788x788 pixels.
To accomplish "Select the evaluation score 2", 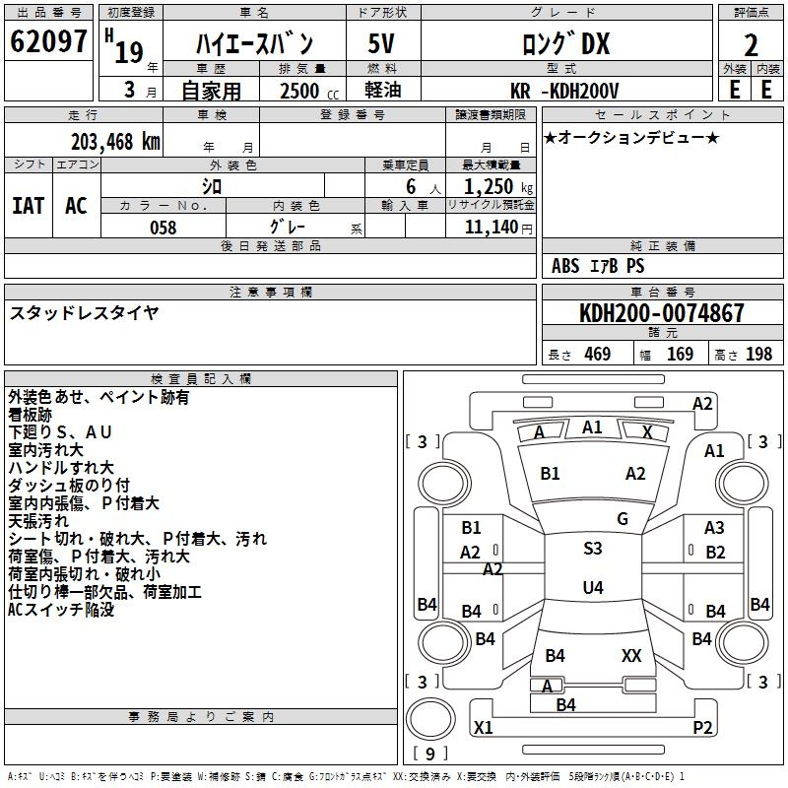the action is pyautogui.click(x=751, y=45).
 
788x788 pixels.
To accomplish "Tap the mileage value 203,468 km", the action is pyautogui.click(x=115, y=141).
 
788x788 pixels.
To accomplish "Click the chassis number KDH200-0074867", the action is pyautogui.click(x=661, y=313).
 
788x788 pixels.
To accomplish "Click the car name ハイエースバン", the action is pyautogui.click(x=254, y=44).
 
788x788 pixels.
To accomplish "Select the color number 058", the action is pyautogui.click(x=163, y=228).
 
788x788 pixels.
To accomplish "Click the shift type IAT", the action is pyautogui.click(x=28, y=205).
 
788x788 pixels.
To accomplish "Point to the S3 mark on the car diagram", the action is pyautogui.click(x=592, y=549).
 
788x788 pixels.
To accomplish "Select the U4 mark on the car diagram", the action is pyautogui.click(x=592, y=588).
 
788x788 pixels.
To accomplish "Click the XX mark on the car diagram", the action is pyautogui.click(x=631, y=655).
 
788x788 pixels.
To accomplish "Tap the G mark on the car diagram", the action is pyautogui.click(x=623, y=519).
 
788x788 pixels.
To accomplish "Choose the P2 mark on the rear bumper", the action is pyautogui.click(x=702, y=728).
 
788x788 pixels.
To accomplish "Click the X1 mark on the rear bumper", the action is pyautogui.click(x=483, y=728).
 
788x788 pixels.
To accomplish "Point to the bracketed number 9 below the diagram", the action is pyautogui.click(x=430, y=755).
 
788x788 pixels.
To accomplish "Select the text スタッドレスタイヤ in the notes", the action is pyautogui.click(x=84, y=313).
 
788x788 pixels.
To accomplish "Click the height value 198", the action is pyautogui.click(x=758, y=355).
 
